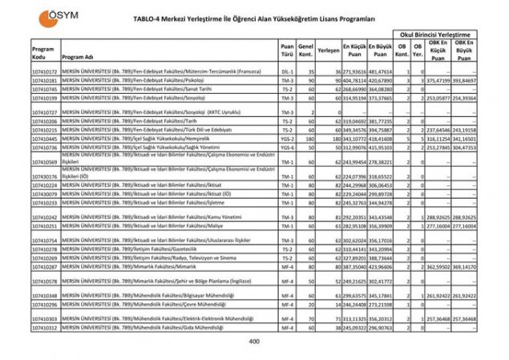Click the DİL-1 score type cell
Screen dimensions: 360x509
(287, 71)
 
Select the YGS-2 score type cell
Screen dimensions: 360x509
(287, 139)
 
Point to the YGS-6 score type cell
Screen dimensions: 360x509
(287, 148)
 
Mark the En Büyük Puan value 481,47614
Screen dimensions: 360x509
(380, 71)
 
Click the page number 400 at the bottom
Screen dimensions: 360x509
(254, 342)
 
